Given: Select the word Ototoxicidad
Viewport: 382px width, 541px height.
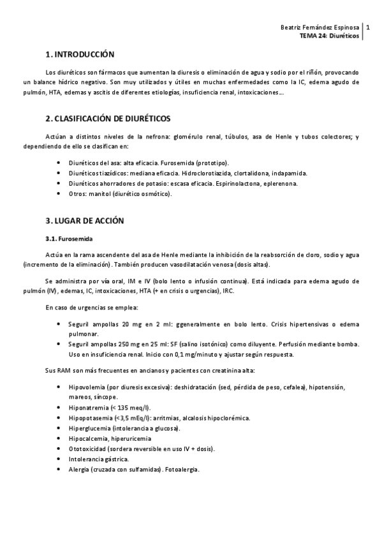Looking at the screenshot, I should point(88,448).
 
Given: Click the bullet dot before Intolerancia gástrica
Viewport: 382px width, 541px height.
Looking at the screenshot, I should point(59,459).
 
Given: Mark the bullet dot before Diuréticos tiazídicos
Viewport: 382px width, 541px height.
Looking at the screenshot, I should point(59,173).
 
